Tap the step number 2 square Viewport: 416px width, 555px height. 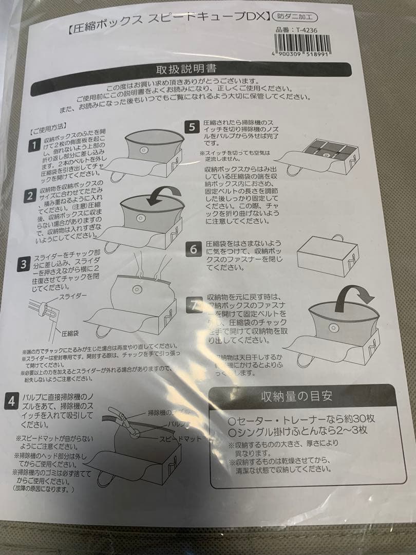tap(31, 196)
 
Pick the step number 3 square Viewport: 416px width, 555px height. tap(24, 265)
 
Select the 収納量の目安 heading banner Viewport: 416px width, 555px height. tap(296, 396)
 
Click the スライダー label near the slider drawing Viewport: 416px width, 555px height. tap(73, 298)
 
